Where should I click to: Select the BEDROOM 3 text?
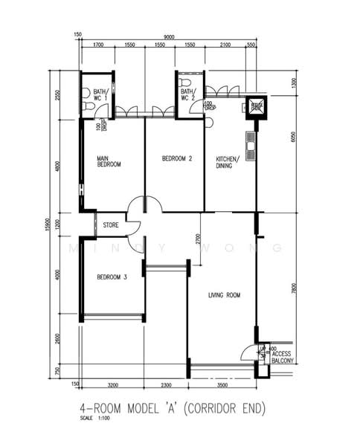[x=112, y=277]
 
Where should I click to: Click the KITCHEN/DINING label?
[x=227, y=162]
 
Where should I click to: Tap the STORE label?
[x=111, y=224]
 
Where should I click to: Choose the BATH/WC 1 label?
[x=100, y=94]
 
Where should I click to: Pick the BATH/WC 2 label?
[x=188, y=94]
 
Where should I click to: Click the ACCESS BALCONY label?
[x=283, y=358]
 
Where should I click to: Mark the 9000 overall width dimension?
[x=169, y=37]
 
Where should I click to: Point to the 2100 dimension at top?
[x=226, y=45]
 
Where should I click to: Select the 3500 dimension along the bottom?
[x=222, y=386]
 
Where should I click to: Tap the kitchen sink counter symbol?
[x=251, y=146]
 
